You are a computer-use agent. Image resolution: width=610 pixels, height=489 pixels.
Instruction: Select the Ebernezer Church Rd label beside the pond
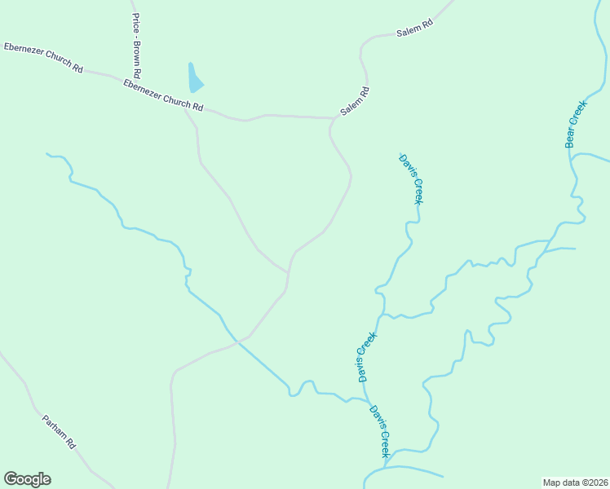click(163, 95)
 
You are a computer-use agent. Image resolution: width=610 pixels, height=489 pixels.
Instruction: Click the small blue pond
click(194, 79)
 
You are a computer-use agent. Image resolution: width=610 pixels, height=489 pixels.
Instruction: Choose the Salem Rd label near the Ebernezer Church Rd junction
click(356, 101)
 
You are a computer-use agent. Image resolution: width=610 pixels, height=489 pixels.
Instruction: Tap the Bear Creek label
click(576, 124)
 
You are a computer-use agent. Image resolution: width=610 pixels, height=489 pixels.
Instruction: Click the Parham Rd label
click(59, 432)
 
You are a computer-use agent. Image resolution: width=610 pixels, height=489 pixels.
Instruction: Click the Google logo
click(27, 479)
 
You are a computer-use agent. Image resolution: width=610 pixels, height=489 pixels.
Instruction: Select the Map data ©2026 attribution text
click(575, 482)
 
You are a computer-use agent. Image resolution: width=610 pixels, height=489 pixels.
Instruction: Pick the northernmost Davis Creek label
click(411, 178)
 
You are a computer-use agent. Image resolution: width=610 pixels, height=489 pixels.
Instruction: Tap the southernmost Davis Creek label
click(380, 431)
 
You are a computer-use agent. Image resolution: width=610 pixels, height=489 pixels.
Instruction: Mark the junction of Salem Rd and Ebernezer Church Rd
click(332, 119)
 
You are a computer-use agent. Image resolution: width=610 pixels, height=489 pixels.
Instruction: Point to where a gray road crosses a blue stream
click(236, 341)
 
